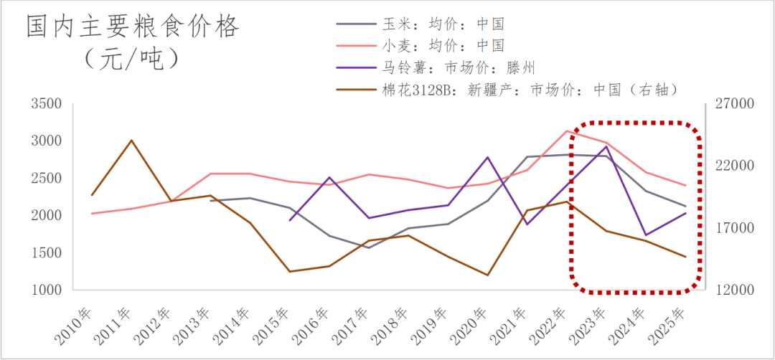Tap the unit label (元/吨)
click(132, 57)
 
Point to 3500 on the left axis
click(47, 104)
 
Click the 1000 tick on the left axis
click(47, 290)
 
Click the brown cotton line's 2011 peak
click(131, 140)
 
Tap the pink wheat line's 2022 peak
click(567, 131)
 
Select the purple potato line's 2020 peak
click(488, 157)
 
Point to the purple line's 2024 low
click(646, 235)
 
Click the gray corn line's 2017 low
click(369, 247)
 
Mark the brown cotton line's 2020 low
click(488, 275)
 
